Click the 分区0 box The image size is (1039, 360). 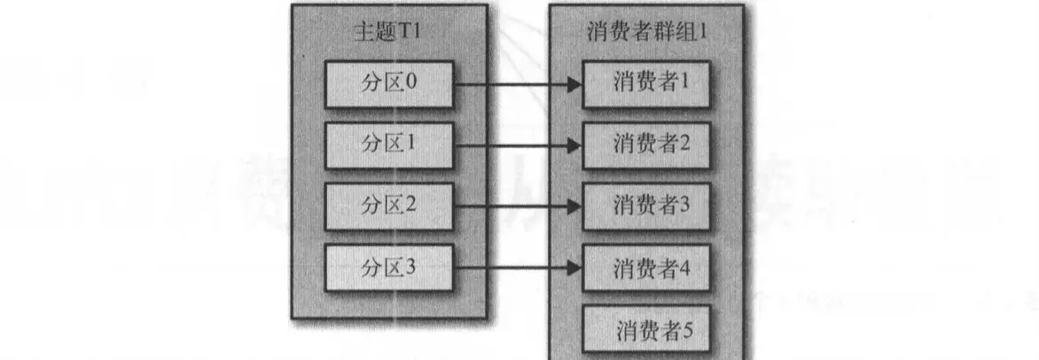click(389, 84)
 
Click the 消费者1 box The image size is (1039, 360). click(647, 84)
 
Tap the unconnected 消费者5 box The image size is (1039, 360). click(647, 330)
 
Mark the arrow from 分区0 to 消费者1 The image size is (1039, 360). click(514, 85)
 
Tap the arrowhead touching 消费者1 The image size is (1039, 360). click(574, 85)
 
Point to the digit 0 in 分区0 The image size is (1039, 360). click(410, 84)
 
